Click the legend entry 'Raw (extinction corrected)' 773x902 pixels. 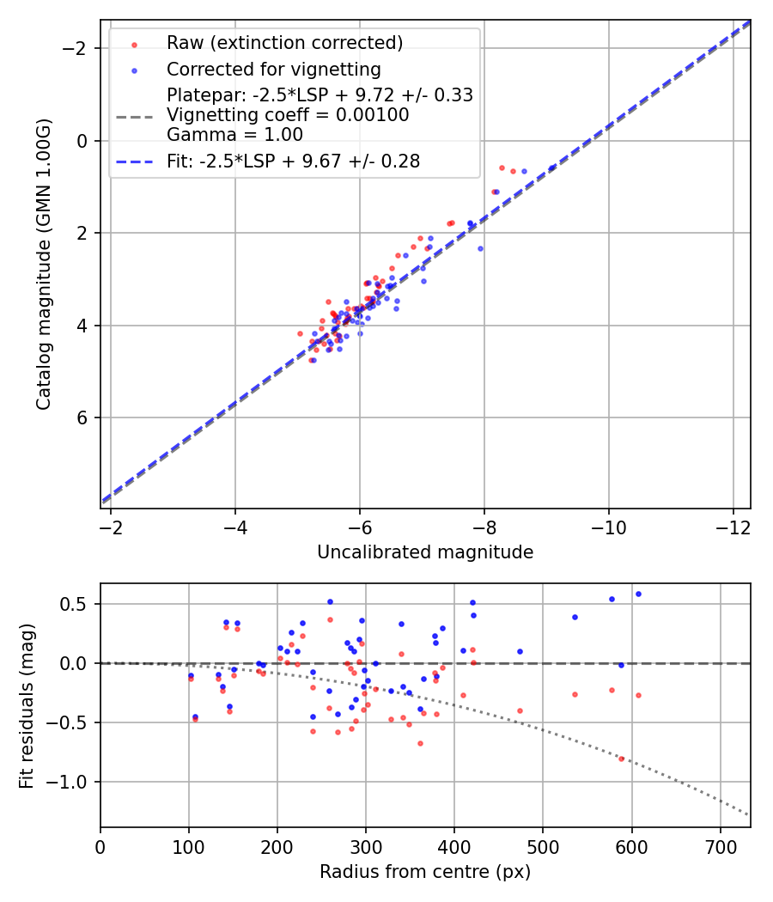coord(284,43)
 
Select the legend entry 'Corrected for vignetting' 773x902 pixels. coord(273,69)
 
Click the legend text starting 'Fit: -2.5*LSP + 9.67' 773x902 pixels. coord(293,162)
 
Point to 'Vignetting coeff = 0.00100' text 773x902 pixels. coord(288,115)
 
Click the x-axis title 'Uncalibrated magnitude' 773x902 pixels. coord(425,552)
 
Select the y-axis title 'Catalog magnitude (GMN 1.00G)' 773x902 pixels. coord(44,264)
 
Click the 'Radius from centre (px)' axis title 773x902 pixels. coord(425,872)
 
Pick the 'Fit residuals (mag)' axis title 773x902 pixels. coord(27,705)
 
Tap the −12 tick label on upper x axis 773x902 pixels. coord(733,525)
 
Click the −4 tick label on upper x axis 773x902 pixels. coord(235,525)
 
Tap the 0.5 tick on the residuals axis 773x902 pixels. coord(79,604)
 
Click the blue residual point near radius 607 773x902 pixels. coord(638,594)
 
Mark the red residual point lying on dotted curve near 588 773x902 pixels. coord(621,759)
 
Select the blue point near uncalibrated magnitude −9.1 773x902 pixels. coord(551,168)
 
